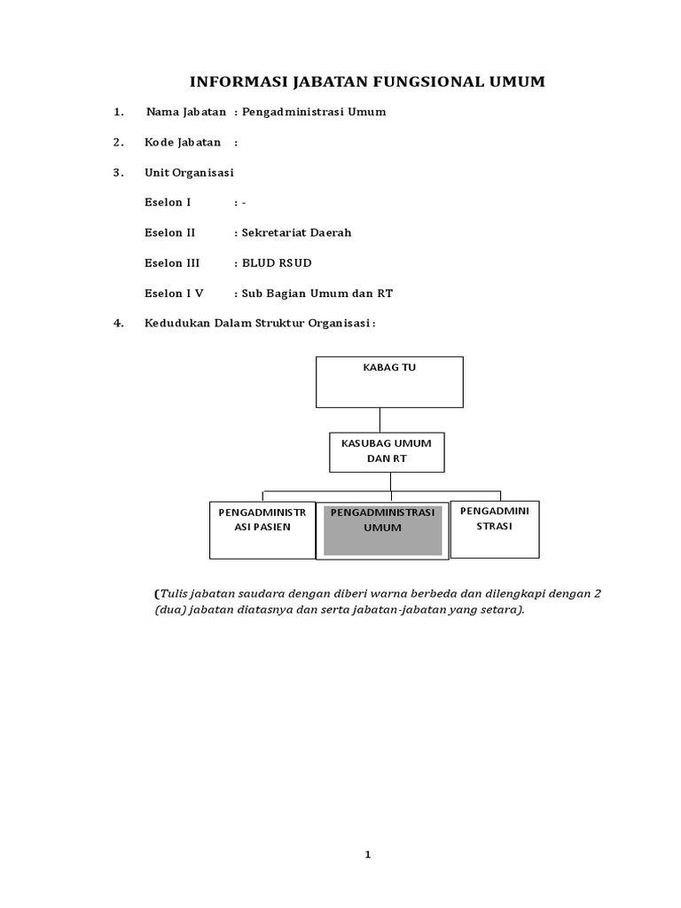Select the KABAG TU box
(389, 381)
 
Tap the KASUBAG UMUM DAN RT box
(387, 452)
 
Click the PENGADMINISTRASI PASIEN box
(262, 529)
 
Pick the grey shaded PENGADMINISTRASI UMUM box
(382, 531)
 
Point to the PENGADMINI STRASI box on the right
(494, 528)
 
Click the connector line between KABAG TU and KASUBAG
(380, 420)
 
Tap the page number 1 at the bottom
(368, 855)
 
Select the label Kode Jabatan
(183, 143)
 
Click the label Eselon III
(172, 263)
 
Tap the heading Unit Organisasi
(189, 172)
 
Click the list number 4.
(118, 323)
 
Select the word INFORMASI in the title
(231, 82)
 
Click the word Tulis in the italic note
(175, 593)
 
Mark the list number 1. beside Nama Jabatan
(118, 113)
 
